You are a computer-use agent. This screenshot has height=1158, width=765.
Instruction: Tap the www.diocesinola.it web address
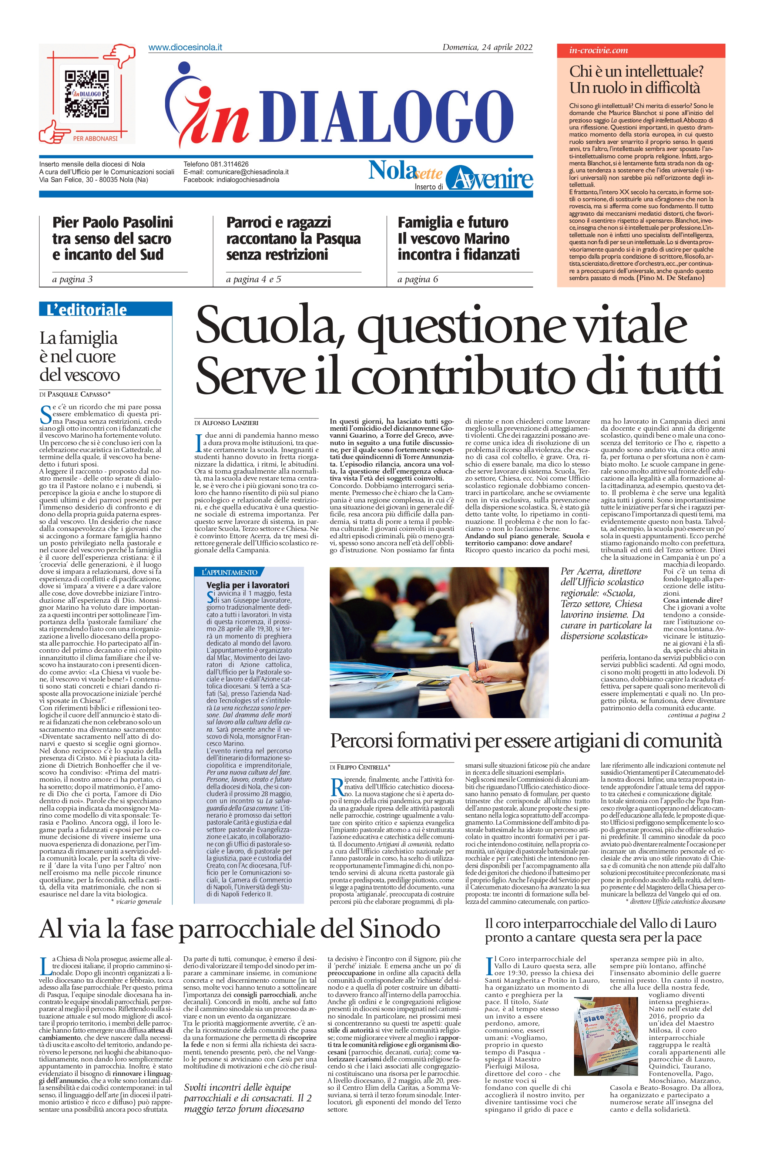point(185,47)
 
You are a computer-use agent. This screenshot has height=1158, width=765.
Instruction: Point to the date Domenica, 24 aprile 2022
point(487,47)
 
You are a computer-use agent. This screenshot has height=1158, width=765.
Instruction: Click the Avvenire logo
point(489,178)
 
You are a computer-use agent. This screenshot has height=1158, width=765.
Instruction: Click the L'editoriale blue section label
point(105,310)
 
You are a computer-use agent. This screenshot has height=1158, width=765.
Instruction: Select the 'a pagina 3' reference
point(72,279)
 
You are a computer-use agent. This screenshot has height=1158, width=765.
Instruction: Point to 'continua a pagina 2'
point(696,715)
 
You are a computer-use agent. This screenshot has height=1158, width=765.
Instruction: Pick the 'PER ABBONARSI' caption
point(95,138)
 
